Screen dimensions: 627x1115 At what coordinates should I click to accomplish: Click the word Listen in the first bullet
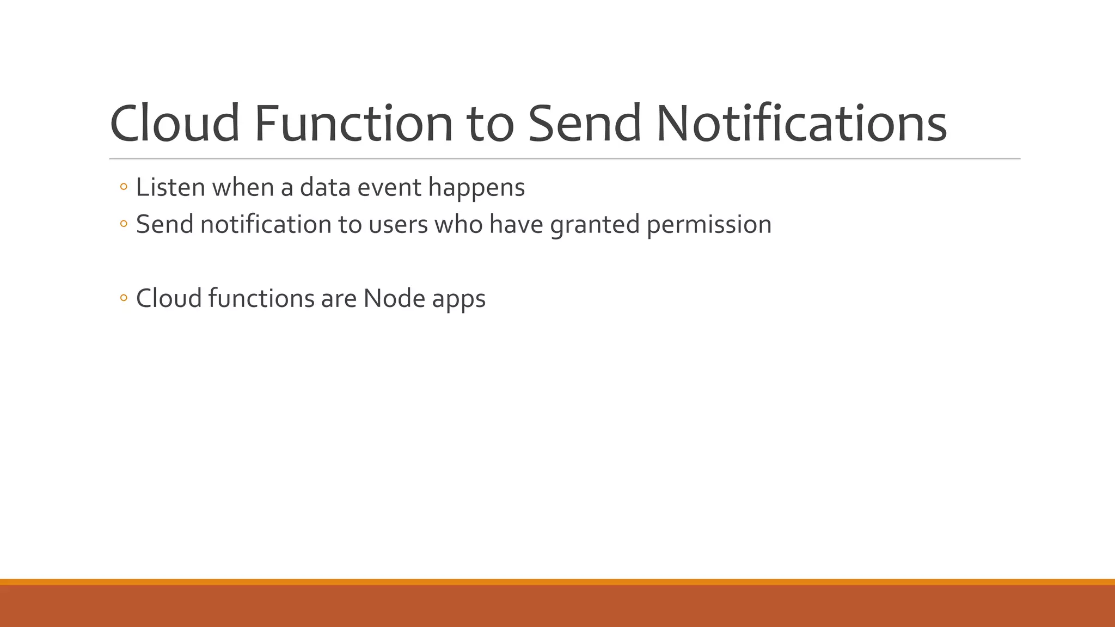tap(170, 187)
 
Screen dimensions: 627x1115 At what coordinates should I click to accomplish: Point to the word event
tap(389, 187)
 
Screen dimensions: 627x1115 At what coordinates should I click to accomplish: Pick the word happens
tap(476, 188)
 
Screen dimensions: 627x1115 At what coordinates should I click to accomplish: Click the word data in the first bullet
tap(324, 187)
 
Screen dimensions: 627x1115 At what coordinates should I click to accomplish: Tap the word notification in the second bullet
tap(266, 224)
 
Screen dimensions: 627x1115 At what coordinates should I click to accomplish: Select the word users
tap(398, 225)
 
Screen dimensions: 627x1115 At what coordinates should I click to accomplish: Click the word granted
tap(595, 225)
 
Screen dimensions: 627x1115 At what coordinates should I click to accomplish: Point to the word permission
tap(709, 225)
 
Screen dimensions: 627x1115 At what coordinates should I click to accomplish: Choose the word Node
tap(394, 298)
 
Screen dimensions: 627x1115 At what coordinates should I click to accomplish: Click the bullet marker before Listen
tap(124, 188)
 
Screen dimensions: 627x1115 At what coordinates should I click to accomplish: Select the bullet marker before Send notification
tap(124, 224)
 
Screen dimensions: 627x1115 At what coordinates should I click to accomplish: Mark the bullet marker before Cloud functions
tap(124, 298)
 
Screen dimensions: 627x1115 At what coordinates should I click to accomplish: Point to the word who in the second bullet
tap(458, 224)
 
